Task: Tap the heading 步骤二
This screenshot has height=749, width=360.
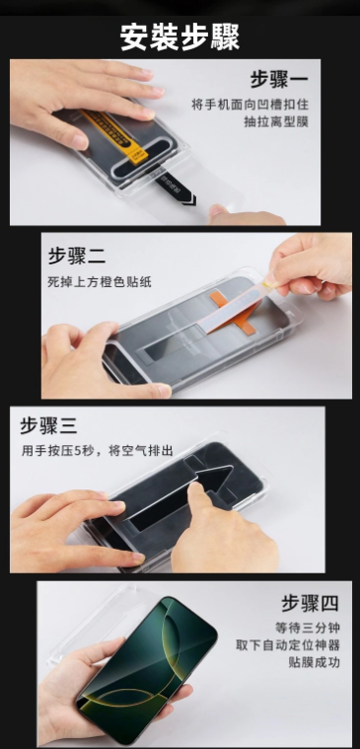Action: click(x=77, y=255)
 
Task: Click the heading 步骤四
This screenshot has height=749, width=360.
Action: click(x=309, y=602)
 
